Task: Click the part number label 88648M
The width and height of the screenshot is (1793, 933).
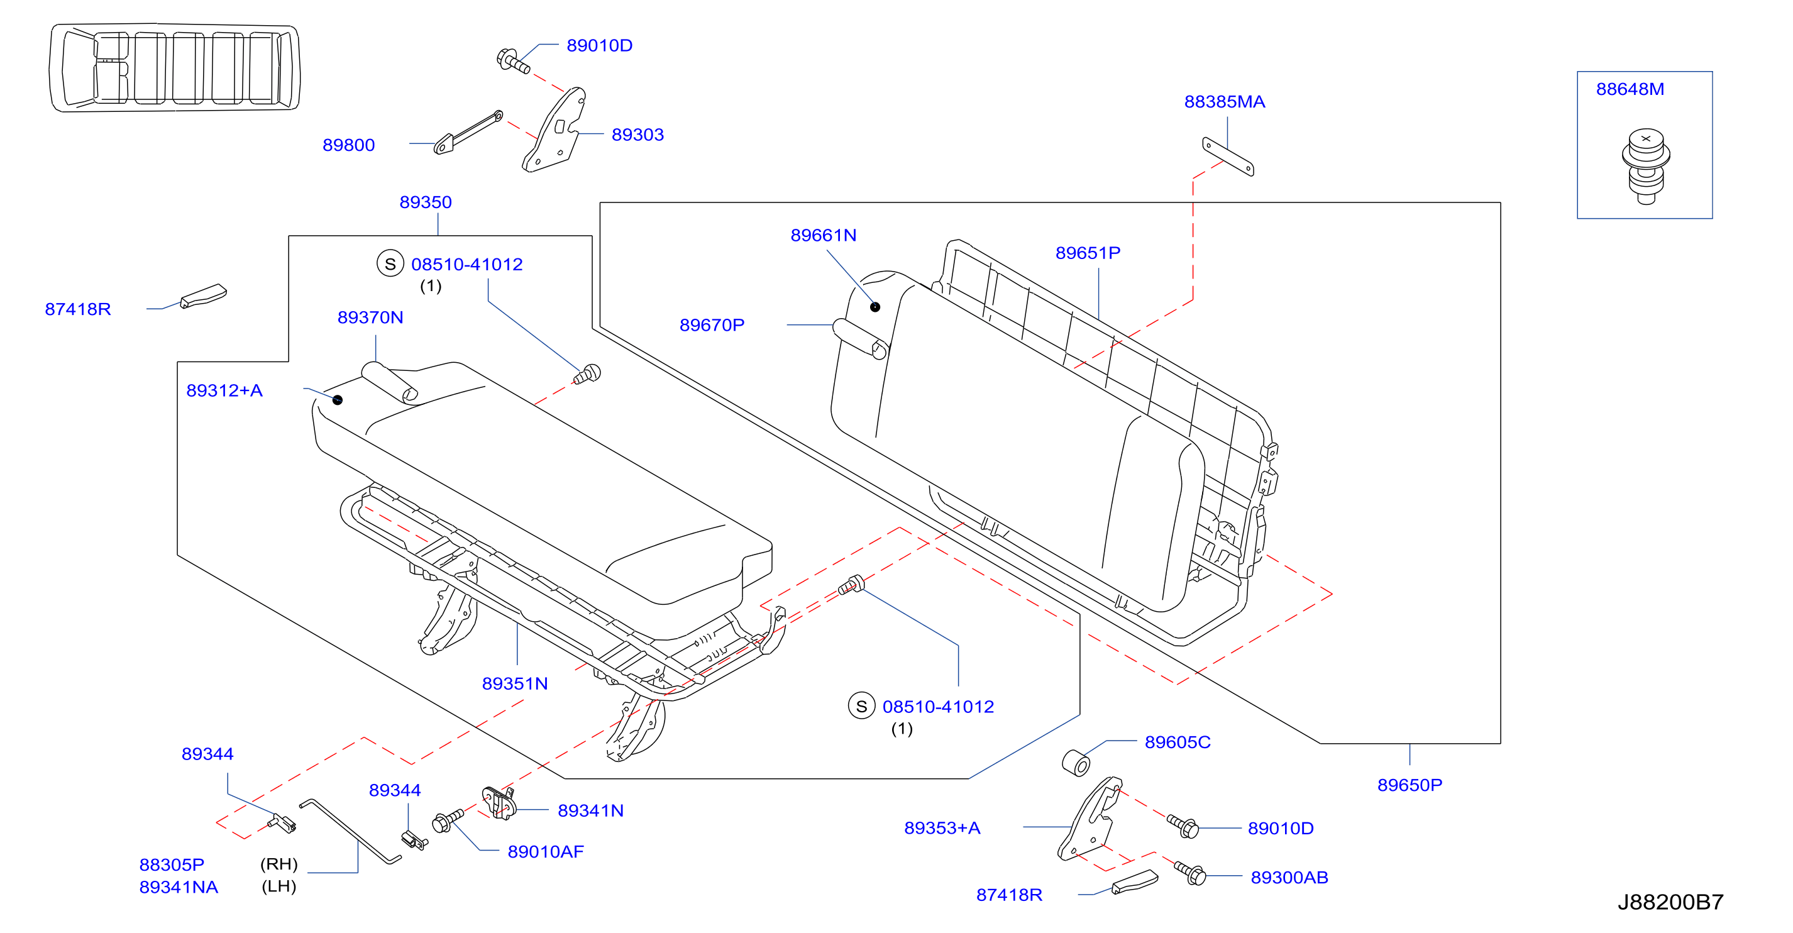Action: pos(1630,89)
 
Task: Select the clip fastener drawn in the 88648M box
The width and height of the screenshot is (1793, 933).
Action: pos(1645,166)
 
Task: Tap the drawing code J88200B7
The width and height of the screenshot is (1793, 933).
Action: pos(1670,902)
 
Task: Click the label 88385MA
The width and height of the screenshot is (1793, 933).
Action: pos(1224,102)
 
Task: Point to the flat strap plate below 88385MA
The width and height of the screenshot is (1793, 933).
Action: pos(1228,157)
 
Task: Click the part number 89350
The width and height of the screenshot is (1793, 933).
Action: pos(425,202)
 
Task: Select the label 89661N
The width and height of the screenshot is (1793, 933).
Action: pos(824,235)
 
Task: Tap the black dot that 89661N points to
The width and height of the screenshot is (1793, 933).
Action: pos(875,307)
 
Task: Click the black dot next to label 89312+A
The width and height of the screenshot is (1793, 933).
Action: pos(338,400)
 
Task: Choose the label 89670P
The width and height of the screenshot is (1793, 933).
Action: pos(712,325)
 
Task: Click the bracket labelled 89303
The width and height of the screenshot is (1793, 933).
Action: pos(554,130)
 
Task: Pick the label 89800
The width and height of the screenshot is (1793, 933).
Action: pos(348,145)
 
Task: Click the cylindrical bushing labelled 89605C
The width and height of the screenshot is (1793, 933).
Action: pos(1076,763)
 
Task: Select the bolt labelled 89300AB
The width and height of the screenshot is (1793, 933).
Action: pos(1190,873)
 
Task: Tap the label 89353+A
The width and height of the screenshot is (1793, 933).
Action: pos(942,828)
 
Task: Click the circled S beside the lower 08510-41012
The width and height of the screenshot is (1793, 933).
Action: pos(861,706)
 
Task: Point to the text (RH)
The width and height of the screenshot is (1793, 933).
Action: pos(279,864)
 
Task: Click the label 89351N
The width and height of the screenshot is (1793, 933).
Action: pos(514,684)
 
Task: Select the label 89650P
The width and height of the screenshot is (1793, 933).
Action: pos(1410,785)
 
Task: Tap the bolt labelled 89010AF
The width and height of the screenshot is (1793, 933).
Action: pos(448,820)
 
